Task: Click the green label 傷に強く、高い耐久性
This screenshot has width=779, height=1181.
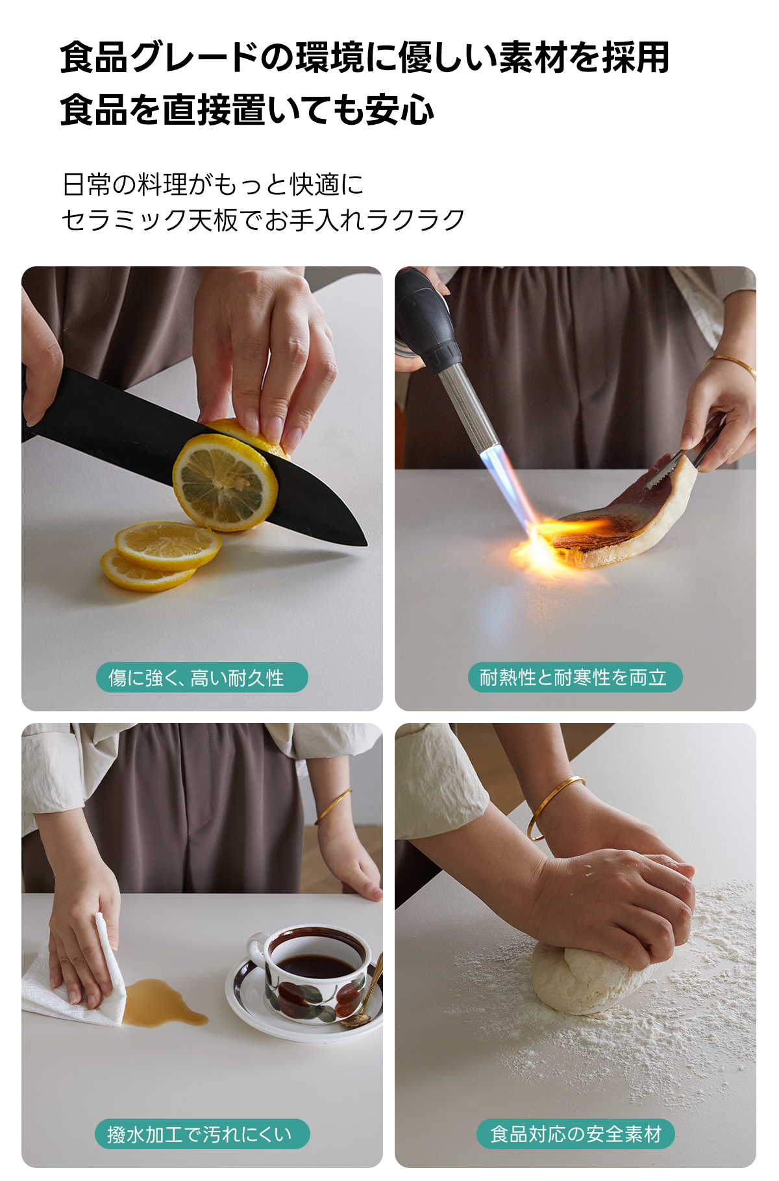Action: (x=202, y=678)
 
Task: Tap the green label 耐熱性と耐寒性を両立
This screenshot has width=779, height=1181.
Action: (x=575, y=678)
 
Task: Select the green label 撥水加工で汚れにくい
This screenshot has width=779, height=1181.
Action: (x=202, y=1134)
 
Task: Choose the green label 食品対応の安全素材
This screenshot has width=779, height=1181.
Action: (x=576, y=1134)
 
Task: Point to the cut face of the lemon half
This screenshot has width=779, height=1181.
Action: (x=225, y=482)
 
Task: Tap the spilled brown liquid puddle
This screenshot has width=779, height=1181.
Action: (x=162, y=1003)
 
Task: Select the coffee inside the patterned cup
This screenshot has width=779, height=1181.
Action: (x=316, y=964)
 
